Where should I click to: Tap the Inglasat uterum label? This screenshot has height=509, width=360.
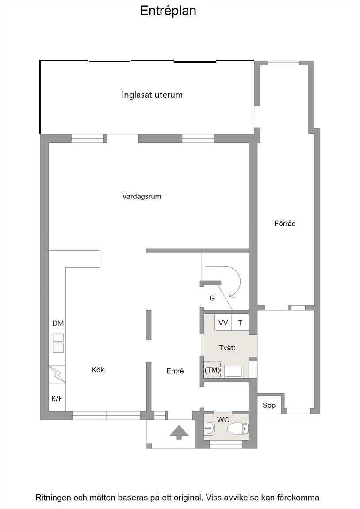[152, 95]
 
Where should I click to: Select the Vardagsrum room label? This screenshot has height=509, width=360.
[142, 196]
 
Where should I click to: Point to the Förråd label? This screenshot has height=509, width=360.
[285, 223]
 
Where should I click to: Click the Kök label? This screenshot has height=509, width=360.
[98, 370]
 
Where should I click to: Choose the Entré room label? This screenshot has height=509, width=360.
[175, 371]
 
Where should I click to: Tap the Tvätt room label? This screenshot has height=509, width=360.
[227, 348]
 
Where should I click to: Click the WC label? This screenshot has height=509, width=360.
[223, 420]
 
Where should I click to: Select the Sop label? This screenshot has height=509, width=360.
[269, 405]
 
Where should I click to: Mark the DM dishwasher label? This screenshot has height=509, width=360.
[58, 323]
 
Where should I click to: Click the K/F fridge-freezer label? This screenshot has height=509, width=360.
[57, 399]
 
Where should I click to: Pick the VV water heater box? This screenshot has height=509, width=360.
[223, 323]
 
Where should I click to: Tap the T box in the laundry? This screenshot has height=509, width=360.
[241, 323]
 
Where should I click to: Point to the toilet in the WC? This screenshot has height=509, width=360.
[238, 429]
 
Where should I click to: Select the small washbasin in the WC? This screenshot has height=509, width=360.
[209, 428]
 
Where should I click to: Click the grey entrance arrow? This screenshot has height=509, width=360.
[178, 433]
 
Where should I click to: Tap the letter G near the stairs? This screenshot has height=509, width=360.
[212, 298]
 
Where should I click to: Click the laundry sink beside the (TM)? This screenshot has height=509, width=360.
[234, 371]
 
